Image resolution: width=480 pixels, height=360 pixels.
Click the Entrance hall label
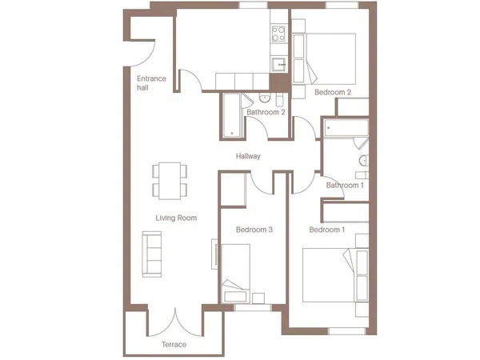click(151, 83)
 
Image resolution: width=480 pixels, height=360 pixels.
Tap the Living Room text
click(176, 218)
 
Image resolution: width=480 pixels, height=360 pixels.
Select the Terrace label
click(174, 344)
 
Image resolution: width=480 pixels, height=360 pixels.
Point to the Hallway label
click(248, 156)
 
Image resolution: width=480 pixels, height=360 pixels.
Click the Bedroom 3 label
click(254, 230)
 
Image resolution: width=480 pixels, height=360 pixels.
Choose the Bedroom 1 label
click(327, 230)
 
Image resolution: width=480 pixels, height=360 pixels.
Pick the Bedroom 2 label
click(333, 92)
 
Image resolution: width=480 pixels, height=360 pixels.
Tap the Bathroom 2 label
click(266, 112)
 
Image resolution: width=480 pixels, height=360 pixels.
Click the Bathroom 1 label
click(345, 186)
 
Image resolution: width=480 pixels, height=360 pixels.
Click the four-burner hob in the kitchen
click(278, 34)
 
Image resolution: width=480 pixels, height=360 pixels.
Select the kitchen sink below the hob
click(278, 65)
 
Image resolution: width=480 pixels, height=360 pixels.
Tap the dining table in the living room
click(170, 181)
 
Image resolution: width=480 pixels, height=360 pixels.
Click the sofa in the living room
click(152, 254)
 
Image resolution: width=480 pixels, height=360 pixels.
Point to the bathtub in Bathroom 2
click(232, 115)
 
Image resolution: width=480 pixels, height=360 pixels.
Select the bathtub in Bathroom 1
click(346, 128)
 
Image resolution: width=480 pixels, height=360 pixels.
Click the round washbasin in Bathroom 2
click(265, 98)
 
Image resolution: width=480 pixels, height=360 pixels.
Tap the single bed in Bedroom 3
click(236, 274)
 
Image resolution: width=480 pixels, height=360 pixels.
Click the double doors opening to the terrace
click(175, 322)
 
